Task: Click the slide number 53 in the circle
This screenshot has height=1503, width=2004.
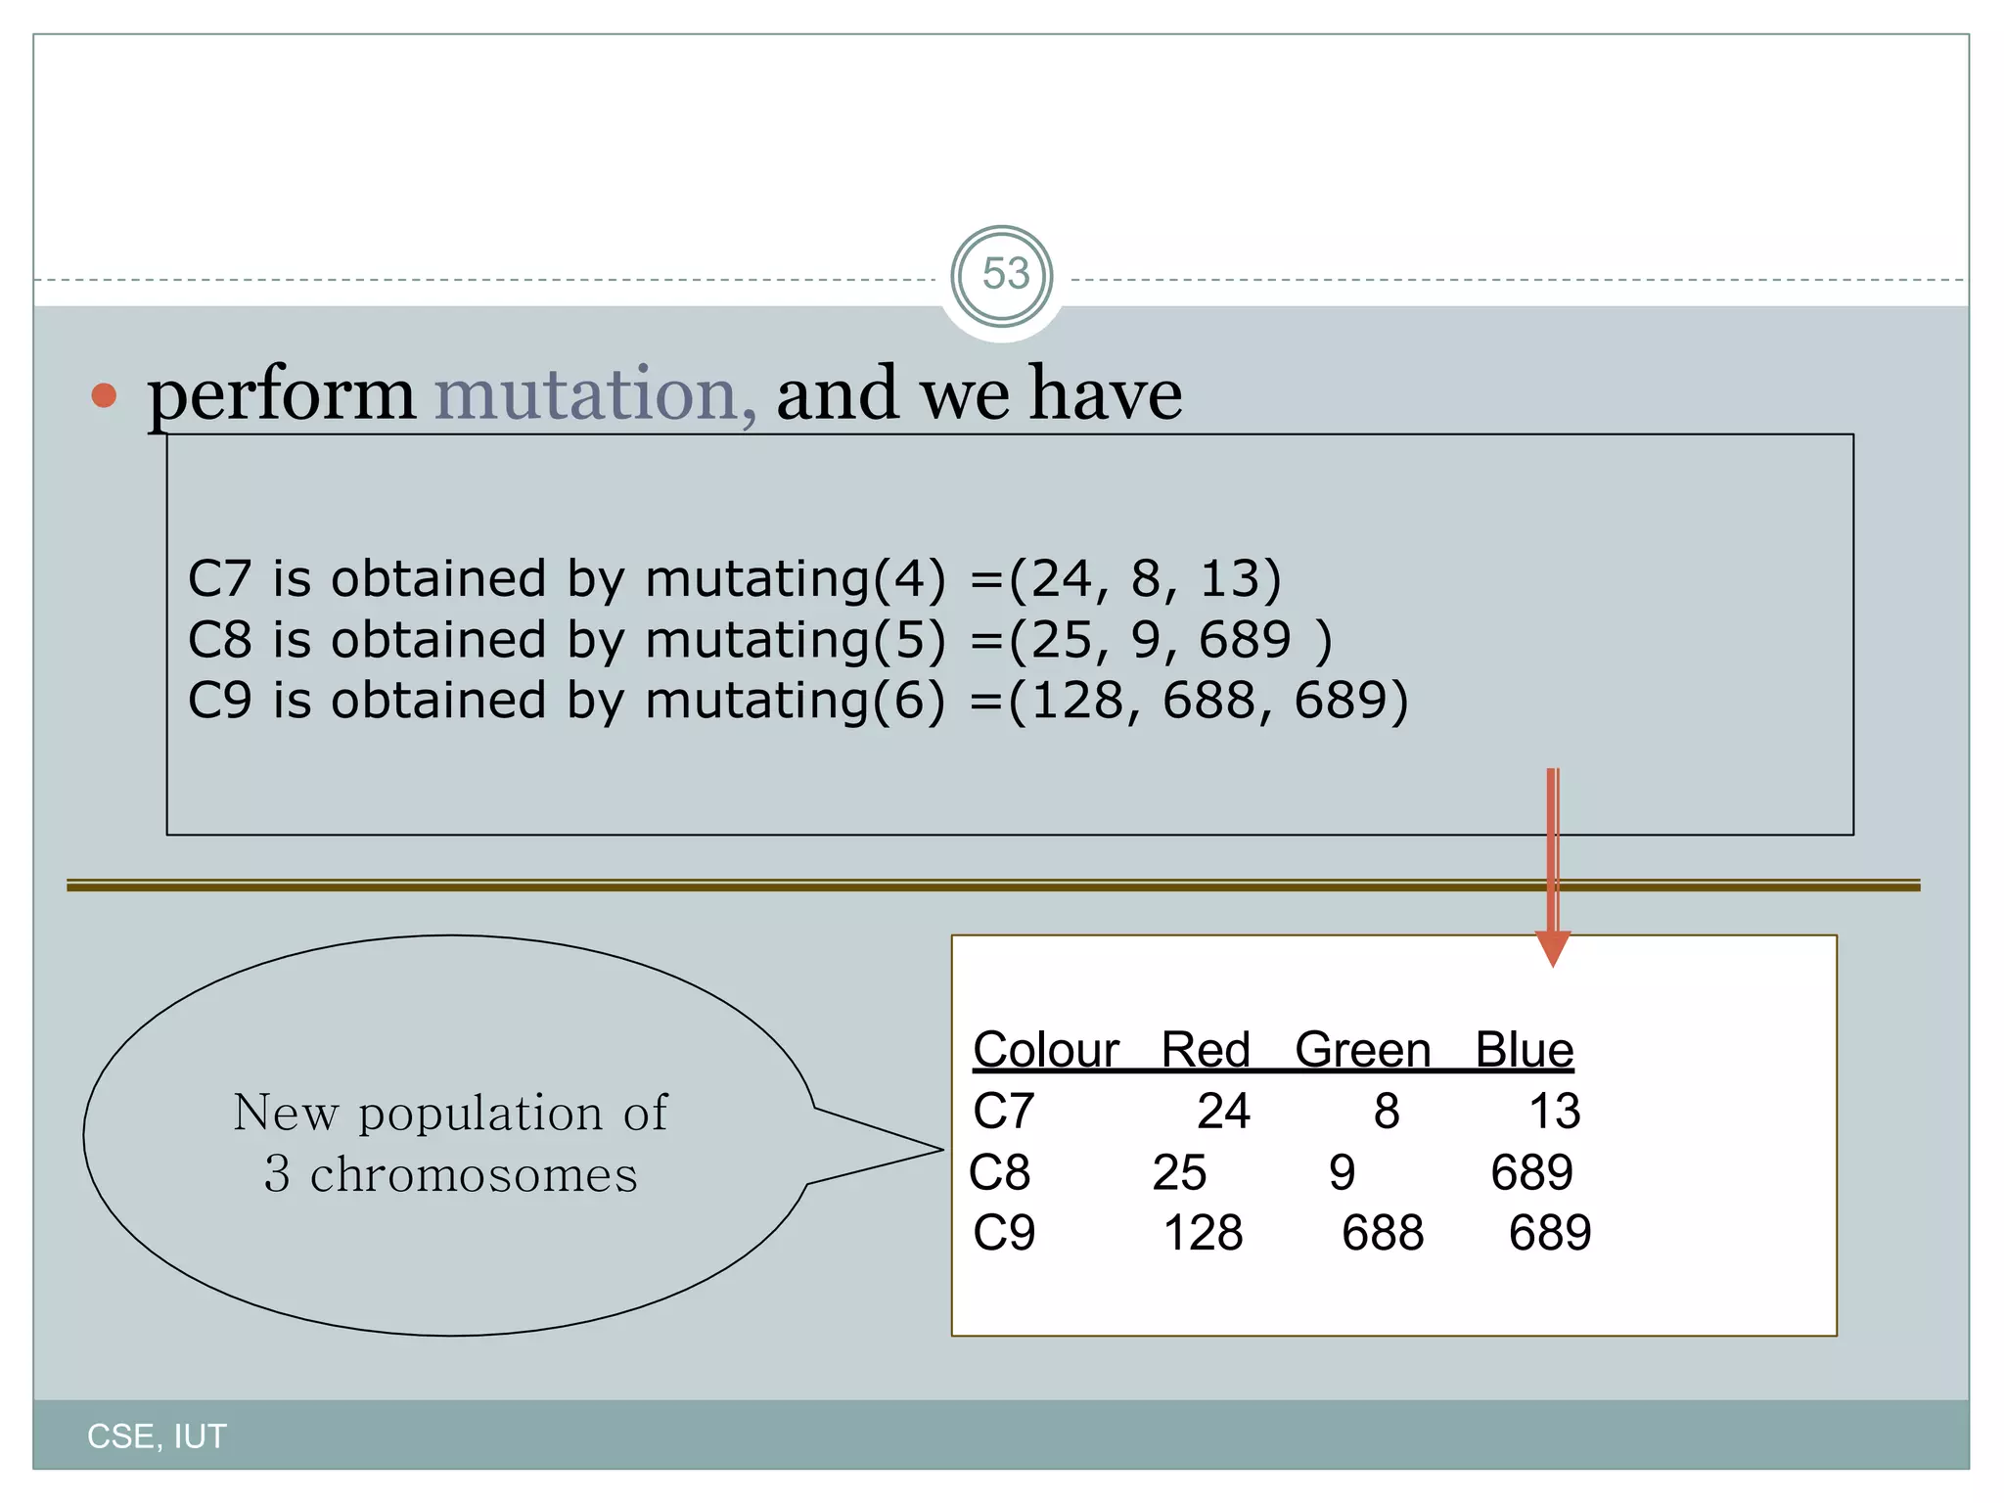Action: pyautogui.click(x=1005, y=275)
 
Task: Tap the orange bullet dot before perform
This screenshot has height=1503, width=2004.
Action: pyautogui.click(x=104, y=395)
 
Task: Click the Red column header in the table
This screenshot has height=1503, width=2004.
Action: pyautogui.click(x=1206, y=1050)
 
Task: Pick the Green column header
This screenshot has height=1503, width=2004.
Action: pyautogui.click(x=1362, y=1050)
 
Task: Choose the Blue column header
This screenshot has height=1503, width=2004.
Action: pyautogui.click(x=1524, y=1050)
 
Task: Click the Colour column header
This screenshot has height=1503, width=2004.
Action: pyautogui.click(x=1045, y=1050)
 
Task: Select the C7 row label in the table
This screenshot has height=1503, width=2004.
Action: pyautogui.click(x=1003, y=1112)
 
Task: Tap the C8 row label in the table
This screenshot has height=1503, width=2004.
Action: pyautogui.click(x=999, y=1172)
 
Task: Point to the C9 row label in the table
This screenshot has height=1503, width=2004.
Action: pyautogui.click(x=1004, y=1233)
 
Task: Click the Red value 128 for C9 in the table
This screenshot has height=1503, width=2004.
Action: pyautogui.click(x=1203, y=1233)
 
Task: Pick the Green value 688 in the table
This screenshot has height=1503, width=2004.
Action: pyautogui.click(x=1382, y=1233)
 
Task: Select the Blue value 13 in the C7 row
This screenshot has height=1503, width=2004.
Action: pyautogui.click(x=1554, y=1112)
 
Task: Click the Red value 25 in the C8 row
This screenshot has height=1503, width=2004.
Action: pyautogui.click(x=1179, y=1172)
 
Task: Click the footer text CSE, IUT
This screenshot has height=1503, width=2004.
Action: pyautogui.click(x=157, y=1436)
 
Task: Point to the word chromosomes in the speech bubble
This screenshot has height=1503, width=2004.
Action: pyautogui.click(x=474, y=1174)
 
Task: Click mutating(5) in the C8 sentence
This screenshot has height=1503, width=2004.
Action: pyautogui.click(x=796, y=640)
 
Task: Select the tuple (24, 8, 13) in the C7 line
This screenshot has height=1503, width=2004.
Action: pyautogui.click(x=1144, y=579)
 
